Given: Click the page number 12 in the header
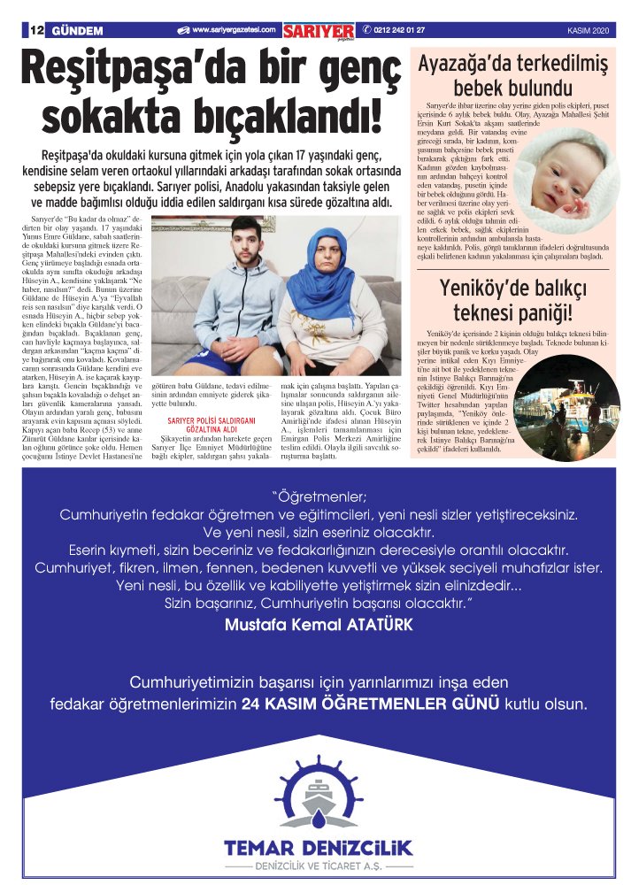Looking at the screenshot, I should pos(36,31).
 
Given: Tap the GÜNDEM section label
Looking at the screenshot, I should pos(78,31).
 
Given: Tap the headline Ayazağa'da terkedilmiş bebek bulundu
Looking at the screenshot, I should pos(513,76).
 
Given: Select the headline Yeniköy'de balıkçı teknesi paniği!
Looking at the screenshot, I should pos(513,301).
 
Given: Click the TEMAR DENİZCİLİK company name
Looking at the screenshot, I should pos(319,848).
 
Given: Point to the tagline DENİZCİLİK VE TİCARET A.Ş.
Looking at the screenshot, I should pos(319,866).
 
